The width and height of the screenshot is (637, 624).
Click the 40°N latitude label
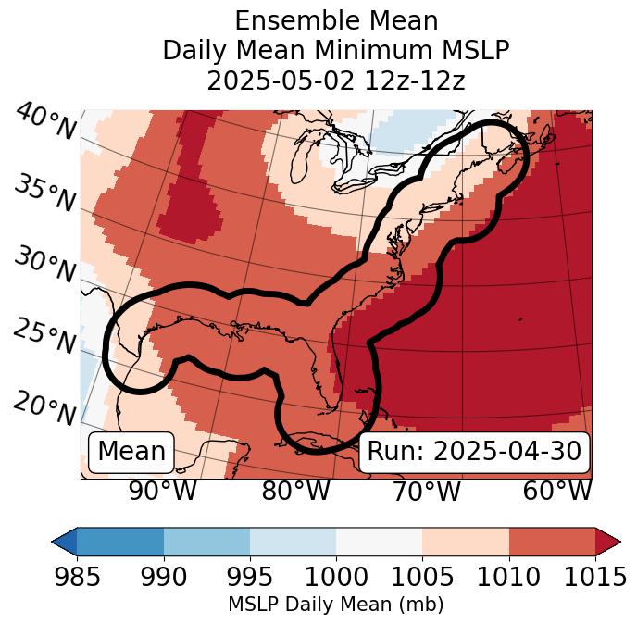[x=45, y=122]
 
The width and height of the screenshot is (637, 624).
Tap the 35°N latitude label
[x=44, y=193]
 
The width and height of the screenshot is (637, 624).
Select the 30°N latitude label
[x=44, y=266]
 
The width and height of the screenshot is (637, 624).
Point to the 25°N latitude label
[x=44, y=337]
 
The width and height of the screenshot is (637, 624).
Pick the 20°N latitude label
[x=44, y=408]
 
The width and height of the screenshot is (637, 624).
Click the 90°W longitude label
[x=163, y=491]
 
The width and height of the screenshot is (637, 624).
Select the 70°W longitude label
[x=426, y=491]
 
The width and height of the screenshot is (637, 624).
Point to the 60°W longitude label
[x=557, y=491]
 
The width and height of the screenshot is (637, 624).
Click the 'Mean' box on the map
[x=131, y=452]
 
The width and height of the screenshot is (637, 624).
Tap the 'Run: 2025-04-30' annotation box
[x=474, y=452]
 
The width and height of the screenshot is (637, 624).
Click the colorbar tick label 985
[x=77, y=578]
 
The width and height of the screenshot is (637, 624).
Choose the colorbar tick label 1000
[x=336, y=578]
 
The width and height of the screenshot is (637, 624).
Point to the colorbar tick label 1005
[x=422, y=578]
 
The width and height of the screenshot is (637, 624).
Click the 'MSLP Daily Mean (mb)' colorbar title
[x=335, y=605]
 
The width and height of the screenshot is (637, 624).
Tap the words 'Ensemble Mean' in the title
[x=335, y=20]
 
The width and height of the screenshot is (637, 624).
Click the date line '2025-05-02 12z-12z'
[x=335, y=81]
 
